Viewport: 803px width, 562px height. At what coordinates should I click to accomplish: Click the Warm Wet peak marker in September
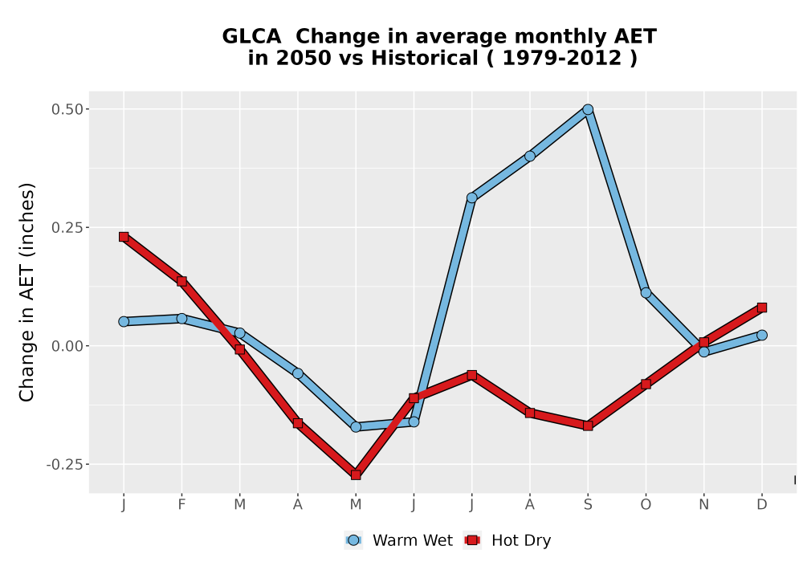click(x=588, y=109)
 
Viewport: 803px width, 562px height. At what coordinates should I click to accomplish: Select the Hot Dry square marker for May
click(x=356, y=475)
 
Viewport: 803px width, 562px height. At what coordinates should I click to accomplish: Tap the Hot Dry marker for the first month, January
click(x=124, y=237)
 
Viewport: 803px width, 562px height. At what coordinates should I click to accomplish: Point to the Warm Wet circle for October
click(x=646, y=293)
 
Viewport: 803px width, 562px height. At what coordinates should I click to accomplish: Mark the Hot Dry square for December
click(x=762, y=307)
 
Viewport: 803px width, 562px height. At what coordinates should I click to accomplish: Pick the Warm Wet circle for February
click(x=181, y=319)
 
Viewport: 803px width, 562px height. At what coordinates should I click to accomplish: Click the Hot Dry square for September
click(x=588, y=426)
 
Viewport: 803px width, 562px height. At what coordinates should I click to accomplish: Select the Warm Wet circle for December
click(x=762, y=336)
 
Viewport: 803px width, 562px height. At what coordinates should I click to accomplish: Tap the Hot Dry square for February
click(x=181, y=281)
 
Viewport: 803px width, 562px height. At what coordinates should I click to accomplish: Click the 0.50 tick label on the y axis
click(x=67, y=109)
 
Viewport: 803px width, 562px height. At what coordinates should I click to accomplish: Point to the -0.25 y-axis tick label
click(x=64, y=465)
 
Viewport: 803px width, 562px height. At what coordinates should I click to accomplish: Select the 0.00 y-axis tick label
click(x=67, y=346)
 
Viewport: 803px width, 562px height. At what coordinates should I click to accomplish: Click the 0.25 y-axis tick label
click(x=67, y=227)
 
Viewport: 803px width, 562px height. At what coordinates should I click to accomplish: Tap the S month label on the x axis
click(x=588, y=505)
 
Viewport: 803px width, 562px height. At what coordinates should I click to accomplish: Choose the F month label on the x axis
click(x=181, y=505)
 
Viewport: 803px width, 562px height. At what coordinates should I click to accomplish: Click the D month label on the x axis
click(x=762, y=505)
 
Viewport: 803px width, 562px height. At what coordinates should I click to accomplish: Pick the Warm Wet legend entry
click(x=398, y=540)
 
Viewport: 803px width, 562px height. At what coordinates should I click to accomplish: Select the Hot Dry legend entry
click(x=507, y=540)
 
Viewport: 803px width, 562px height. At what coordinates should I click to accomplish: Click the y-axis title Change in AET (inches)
click(x=26, y=292)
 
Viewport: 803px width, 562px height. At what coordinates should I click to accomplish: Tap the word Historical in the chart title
click(x=425, y=58)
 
